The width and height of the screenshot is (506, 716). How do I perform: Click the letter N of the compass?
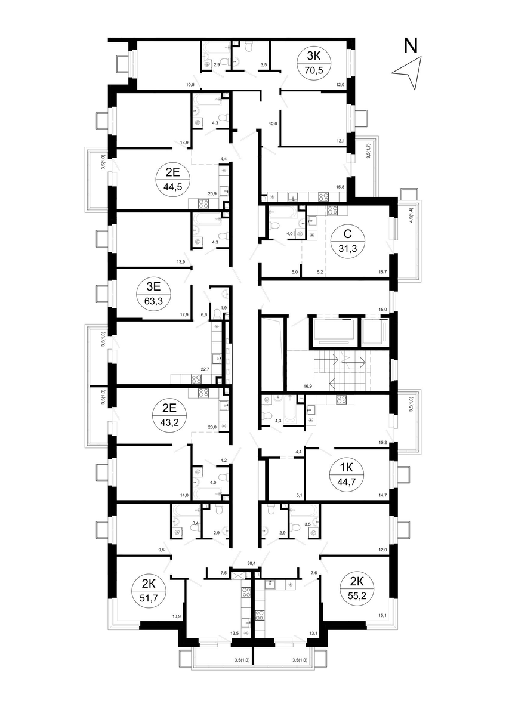pos(411,45)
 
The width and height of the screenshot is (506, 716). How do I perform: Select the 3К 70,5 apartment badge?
pos(314,63)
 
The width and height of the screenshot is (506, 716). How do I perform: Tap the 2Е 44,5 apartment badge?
pos(172,180)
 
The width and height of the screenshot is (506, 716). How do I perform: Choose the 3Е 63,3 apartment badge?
pos(153,294)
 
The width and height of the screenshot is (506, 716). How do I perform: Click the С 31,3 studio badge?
pos(347,240)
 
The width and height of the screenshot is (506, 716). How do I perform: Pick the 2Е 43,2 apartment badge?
pos(169,415)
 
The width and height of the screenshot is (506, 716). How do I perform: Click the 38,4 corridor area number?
pos(252,563)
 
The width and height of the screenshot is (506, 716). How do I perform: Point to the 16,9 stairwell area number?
pos(308,386)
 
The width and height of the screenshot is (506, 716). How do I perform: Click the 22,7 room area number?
pos(205,369)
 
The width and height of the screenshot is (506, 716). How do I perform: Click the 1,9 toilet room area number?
pos(224,308)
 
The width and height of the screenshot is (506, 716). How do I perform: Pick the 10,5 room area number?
pos(190,84)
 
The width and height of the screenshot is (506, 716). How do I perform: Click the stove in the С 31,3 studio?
pos(333,210)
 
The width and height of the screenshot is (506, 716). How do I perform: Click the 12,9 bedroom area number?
pos(184,314)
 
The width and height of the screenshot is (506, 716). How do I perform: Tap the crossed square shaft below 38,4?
pos(237,575)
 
